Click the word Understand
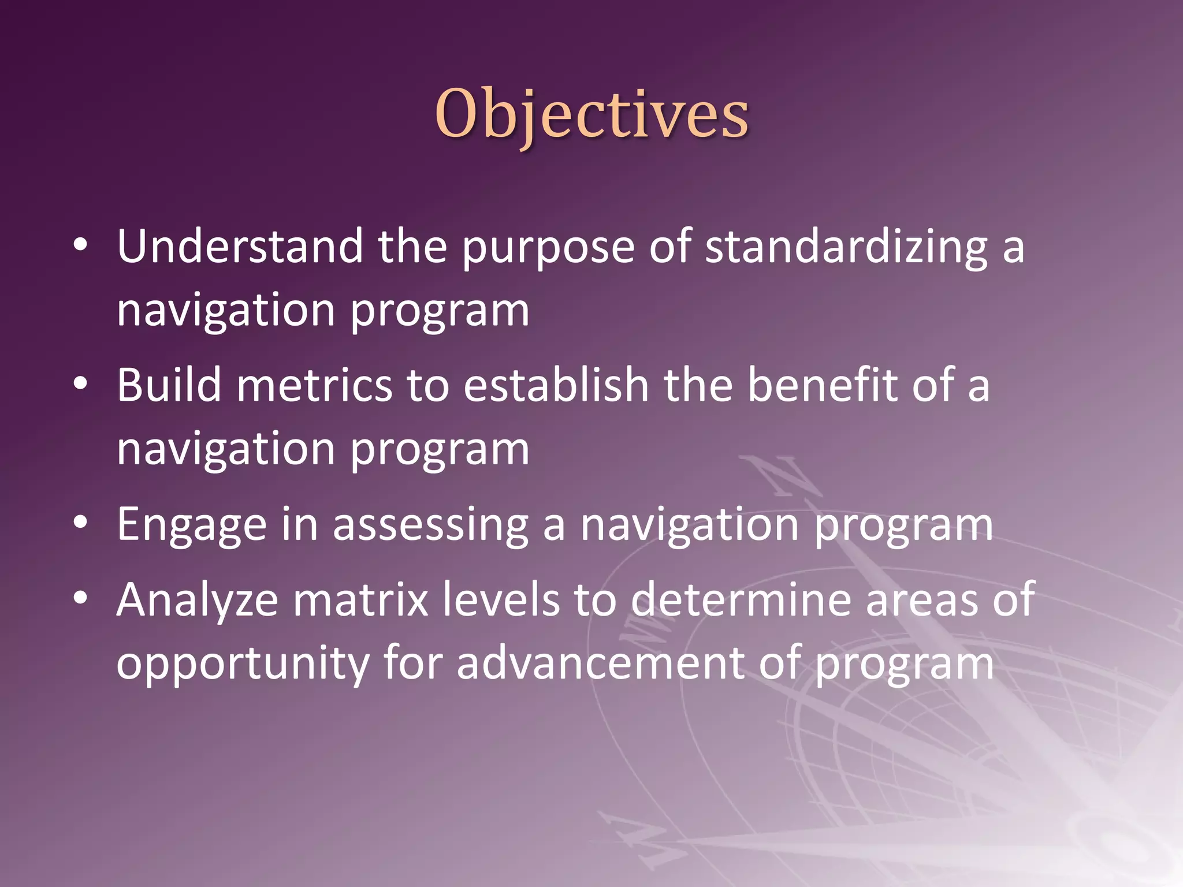(x=240, y=247)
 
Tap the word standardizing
(x=846, y=247)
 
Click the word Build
(x=169, y=385)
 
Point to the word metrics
(x=314, y=386)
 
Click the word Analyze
(x=197, y=601)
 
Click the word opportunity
(x=242, y=664)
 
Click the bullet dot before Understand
(x=80, y=245)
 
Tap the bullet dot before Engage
(x=80, y=523)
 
